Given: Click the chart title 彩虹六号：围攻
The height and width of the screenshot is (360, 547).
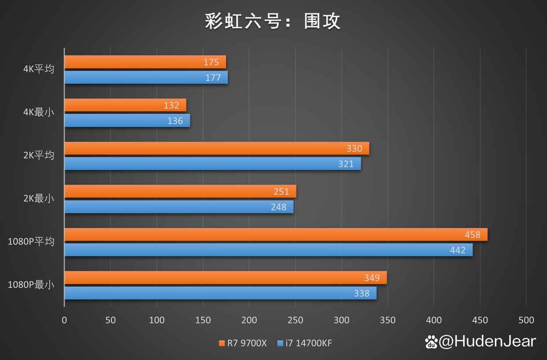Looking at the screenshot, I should (273, 21).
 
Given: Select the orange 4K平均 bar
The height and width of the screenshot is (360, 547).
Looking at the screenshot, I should (145, 62).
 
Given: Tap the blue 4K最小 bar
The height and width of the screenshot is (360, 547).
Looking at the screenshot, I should (127, 121).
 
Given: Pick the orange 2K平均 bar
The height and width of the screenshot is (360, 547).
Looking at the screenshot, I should (217, 148).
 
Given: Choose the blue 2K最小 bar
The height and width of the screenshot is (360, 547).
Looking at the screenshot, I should (179, 207).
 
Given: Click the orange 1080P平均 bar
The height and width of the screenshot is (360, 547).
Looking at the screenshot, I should (276, 235).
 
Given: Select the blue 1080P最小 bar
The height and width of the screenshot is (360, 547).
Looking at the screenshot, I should (220, 293).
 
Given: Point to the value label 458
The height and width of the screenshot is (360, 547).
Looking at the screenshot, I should (472, 235).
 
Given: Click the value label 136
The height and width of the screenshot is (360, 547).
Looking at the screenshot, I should (175, 121).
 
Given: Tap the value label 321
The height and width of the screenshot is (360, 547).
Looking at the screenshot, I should (346, 164).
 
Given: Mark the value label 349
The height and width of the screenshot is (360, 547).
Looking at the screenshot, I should (372, 278).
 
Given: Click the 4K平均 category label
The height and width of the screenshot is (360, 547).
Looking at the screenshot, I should (39, 69).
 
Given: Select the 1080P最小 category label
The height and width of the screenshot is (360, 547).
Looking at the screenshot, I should (31, 285).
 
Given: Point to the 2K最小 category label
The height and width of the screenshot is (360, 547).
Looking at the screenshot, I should (39, 198).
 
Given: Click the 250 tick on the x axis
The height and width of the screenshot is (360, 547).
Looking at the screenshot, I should (295, 320).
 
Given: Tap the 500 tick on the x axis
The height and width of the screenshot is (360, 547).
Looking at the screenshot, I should (526, 320).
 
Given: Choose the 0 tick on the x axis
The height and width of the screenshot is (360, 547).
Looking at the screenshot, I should (64, 320).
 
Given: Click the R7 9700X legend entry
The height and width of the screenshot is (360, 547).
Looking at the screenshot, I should (243, 343).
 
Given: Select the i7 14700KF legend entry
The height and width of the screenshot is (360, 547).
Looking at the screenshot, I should (305, 343).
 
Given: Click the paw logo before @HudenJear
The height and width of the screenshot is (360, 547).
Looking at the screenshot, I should (431, 342).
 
